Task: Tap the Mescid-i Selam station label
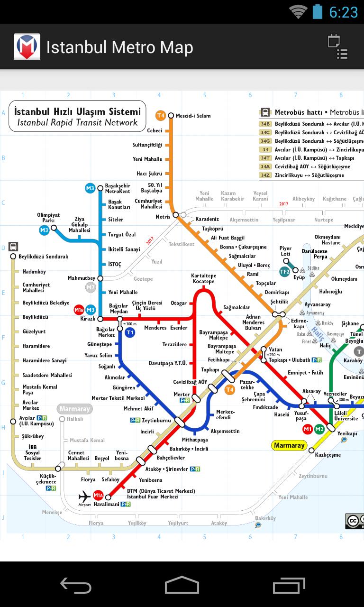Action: [x=193, y=116]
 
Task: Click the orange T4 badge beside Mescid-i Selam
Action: [x=161, y=115]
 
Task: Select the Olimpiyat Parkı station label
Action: [x=48, y=218]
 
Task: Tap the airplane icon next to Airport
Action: [x=85, y=497]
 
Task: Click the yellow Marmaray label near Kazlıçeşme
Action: [x=289, y=445]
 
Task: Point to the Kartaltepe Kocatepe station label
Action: [x=203, y=279]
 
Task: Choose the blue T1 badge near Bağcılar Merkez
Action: [x=130, y=333]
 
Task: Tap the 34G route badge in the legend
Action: [x=265, y=141]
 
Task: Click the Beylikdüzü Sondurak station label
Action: [x=43, y=257]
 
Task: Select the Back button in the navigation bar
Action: [x=76, y=586]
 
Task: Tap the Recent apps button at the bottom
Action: [x=289, y=586]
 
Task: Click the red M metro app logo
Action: [x=27, y=47]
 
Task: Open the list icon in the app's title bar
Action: [x=338, y=47]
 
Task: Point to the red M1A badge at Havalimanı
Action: [x=98, y=496]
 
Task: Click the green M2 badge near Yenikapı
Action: [x=319, y=429]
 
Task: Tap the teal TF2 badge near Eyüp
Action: [x=284, y=272]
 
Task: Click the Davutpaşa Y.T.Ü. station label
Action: [x=168, y=363]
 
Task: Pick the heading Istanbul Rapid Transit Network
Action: [x=77, y=122]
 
